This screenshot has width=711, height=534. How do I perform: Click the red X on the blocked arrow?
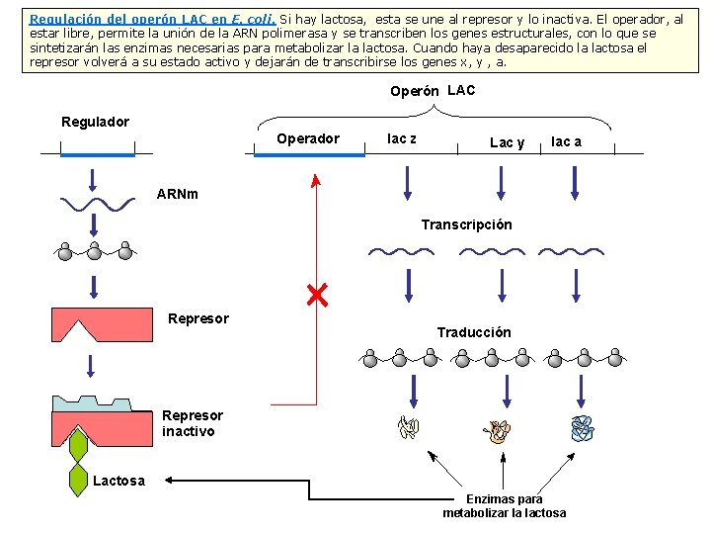click(x=317, y=295)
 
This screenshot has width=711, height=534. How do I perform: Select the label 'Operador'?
click(x=308, y=138)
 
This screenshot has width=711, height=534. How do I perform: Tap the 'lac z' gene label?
click(x=401, y=138)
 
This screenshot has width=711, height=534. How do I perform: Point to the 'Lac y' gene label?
click(x=508, y=142)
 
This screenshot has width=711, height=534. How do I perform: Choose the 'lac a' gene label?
click(x=566, y=141)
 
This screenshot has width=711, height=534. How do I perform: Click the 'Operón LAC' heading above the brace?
click(x=433, y=91)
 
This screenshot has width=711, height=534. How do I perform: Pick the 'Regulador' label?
click(x=96, y=122)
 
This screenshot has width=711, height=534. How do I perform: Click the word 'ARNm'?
click(x=178, y=193)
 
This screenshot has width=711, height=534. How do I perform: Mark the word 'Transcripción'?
click(x=466, y=224)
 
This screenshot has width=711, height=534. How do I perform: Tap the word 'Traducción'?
click(x=474, y=332)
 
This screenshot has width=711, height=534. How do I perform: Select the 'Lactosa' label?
click(x=118, y=481)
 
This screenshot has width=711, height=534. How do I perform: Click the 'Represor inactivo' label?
click(x=193, y=423)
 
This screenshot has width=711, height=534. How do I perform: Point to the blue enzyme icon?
click(x=583, y=427)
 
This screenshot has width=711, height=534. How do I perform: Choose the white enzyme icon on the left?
click(x=408, y=427)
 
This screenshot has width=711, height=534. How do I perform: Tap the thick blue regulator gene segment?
click(x=97, y=154)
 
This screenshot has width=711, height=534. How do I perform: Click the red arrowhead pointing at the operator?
click(x=316, y=180)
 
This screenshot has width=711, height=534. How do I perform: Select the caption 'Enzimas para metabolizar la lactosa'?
click(x=504, y=506)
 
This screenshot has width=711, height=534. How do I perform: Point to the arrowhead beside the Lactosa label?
click(x=169, y=480)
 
